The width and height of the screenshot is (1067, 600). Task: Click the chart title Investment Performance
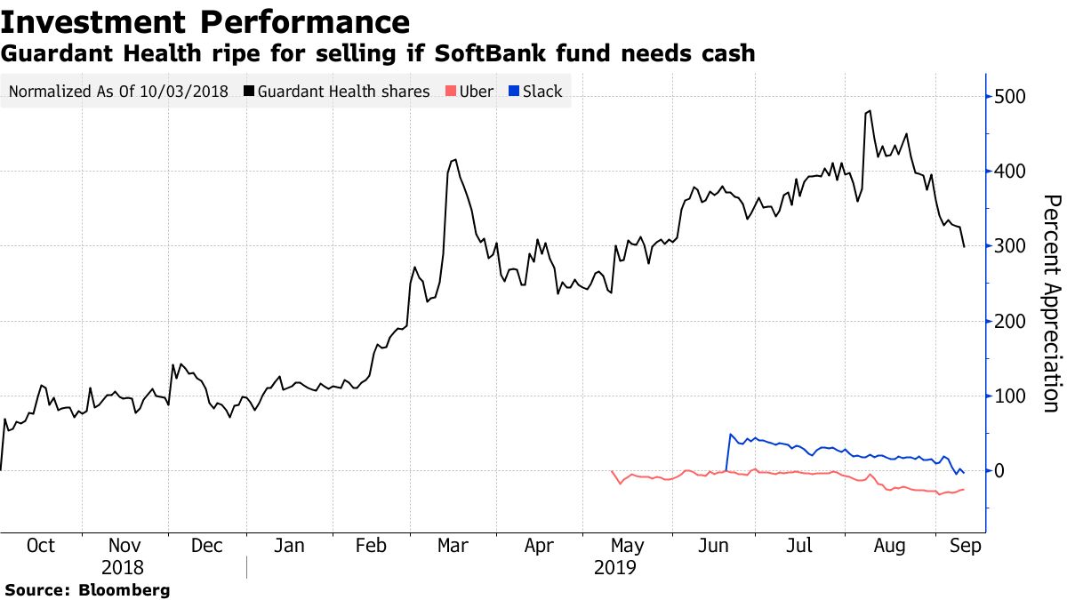[x=205, y=21]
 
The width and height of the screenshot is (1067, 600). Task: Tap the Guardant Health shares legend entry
[x=343, y=91]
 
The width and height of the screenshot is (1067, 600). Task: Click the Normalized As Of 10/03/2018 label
[x=117, y=91]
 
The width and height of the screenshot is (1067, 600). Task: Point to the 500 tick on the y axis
[x=1012, y=97]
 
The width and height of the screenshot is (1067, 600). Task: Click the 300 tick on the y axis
[x=1012, y=246]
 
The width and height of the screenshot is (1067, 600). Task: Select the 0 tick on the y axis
[x=1003, y=471]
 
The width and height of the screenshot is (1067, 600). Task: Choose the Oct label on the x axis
[x=41, y=546]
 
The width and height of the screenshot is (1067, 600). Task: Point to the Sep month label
[x=965, y=546]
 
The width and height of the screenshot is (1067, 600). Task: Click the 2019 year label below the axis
[x=615, y=566]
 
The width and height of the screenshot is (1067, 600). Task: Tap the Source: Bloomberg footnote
[x=87, y=589]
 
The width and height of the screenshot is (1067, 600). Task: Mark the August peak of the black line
[x=869, y=111]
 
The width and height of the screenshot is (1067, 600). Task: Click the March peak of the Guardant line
[x=455, y=160]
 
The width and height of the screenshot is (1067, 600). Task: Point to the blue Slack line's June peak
[x=730, y=435]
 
